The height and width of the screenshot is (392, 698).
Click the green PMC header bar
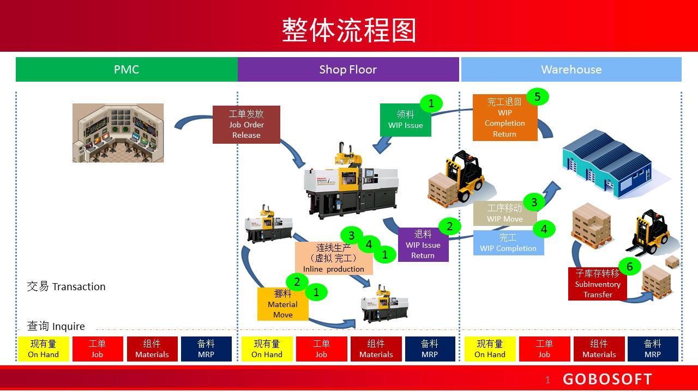[x=127, y=70]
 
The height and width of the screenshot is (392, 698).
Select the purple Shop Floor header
[x=348, y=70]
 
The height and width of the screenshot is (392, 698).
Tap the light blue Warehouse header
[x=571, y=70]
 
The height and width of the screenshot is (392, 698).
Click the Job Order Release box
[x=246, y=125]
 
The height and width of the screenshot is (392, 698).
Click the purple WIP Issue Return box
[x=423, y=245]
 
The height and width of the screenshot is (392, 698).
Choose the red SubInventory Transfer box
[x=597, y=284]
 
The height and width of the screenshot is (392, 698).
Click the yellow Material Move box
[x=282, y=304]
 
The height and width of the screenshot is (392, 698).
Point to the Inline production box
[x=333, y=259]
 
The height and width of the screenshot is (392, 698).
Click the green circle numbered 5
[x=538, y=97]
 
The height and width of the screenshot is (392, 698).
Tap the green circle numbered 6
[x=630, y=266]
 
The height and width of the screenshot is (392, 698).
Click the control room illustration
[x=118, y=133]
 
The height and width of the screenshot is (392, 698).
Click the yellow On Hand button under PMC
[x=44, y=349]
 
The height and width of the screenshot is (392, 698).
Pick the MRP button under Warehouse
[x=653, y=349]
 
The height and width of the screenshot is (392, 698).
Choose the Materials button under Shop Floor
[x=376, y=349]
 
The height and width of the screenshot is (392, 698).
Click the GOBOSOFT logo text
[x=607, y=379]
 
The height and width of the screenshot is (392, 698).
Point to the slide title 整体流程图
[x=349, y=30]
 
